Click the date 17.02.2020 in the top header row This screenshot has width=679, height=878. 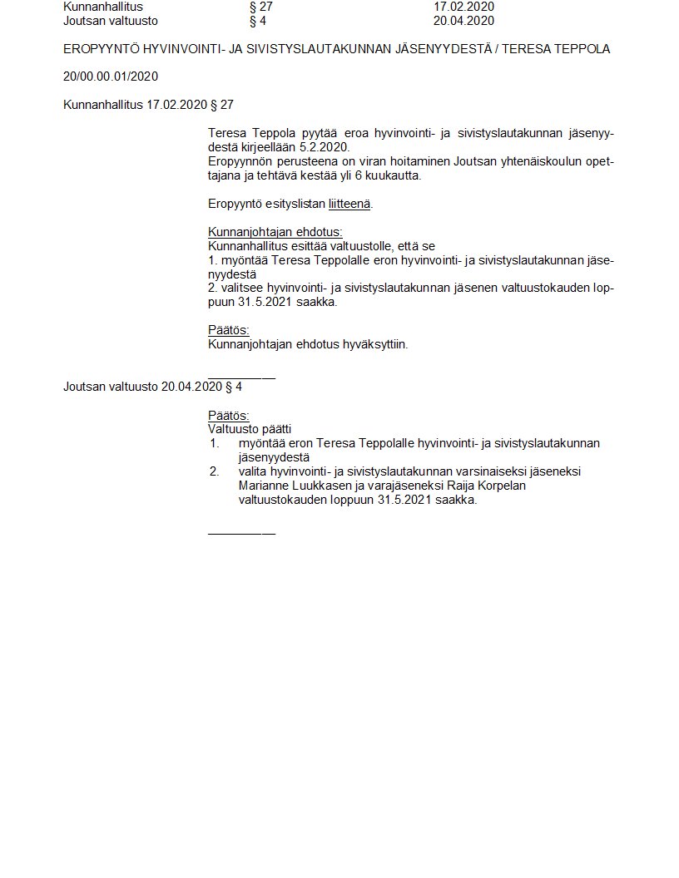click(463, 7)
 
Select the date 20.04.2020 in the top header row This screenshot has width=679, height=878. click(463, 21)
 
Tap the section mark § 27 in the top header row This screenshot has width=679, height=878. click(261, 7)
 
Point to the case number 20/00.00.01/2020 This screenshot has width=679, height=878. click(111, 76)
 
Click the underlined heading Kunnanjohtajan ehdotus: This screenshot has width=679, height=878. click(275, 232)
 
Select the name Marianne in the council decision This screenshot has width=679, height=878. click(264, 486)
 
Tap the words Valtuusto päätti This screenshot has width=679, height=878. click(250, 429)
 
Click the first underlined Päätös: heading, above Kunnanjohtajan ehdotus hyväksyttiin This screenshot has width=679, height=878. click(228, 330)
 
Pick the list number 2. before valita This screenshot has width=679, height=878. click(215, 471)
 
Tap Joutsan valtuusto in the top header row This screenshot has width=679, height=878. click(111, 21)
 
